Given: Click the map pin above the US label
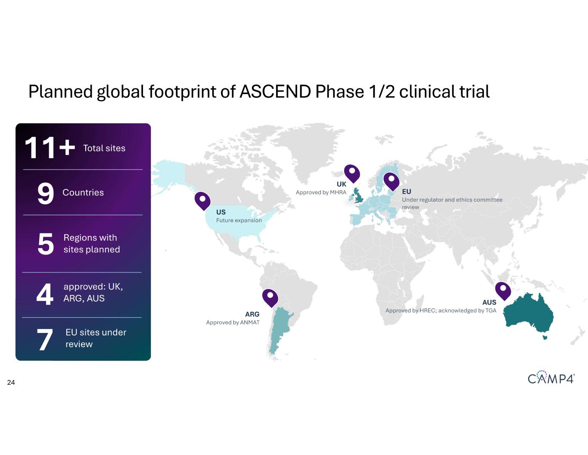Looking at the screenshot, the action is pos(202,201).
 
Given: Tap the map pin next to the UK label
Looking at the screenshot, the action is pos(352,173).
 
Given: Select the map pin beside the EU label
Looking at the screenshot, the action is pos(391,181).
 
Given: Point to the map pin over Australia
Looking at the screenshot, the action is pos(503,291).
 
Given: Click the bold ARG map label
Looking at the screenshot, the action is pos(252,314).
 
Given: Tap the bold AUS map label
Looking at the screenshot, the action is pos(489,302).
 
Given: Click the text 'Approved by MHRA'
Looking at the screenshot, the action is pos(321,192).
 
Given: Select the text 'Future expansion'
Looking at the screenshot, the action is pos(239,220).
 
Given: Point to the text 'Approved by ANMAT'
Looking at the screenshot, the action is pos(233,322).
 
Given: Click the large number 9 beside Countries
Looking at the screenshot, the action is pos(46,193).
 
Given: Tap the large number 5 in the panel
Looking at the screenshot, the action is pos(46,244).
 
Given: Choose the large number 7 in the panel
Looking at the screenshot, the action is pos(45,339).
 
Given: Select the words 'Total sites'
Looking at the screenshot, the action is pos(104,148).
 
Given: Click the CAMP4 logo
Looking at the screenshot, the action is pos(551,377).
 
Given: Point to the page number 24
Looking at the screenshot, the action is pos(11,383).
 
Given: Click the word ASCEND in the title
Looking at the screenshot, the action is pos(275,91).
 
